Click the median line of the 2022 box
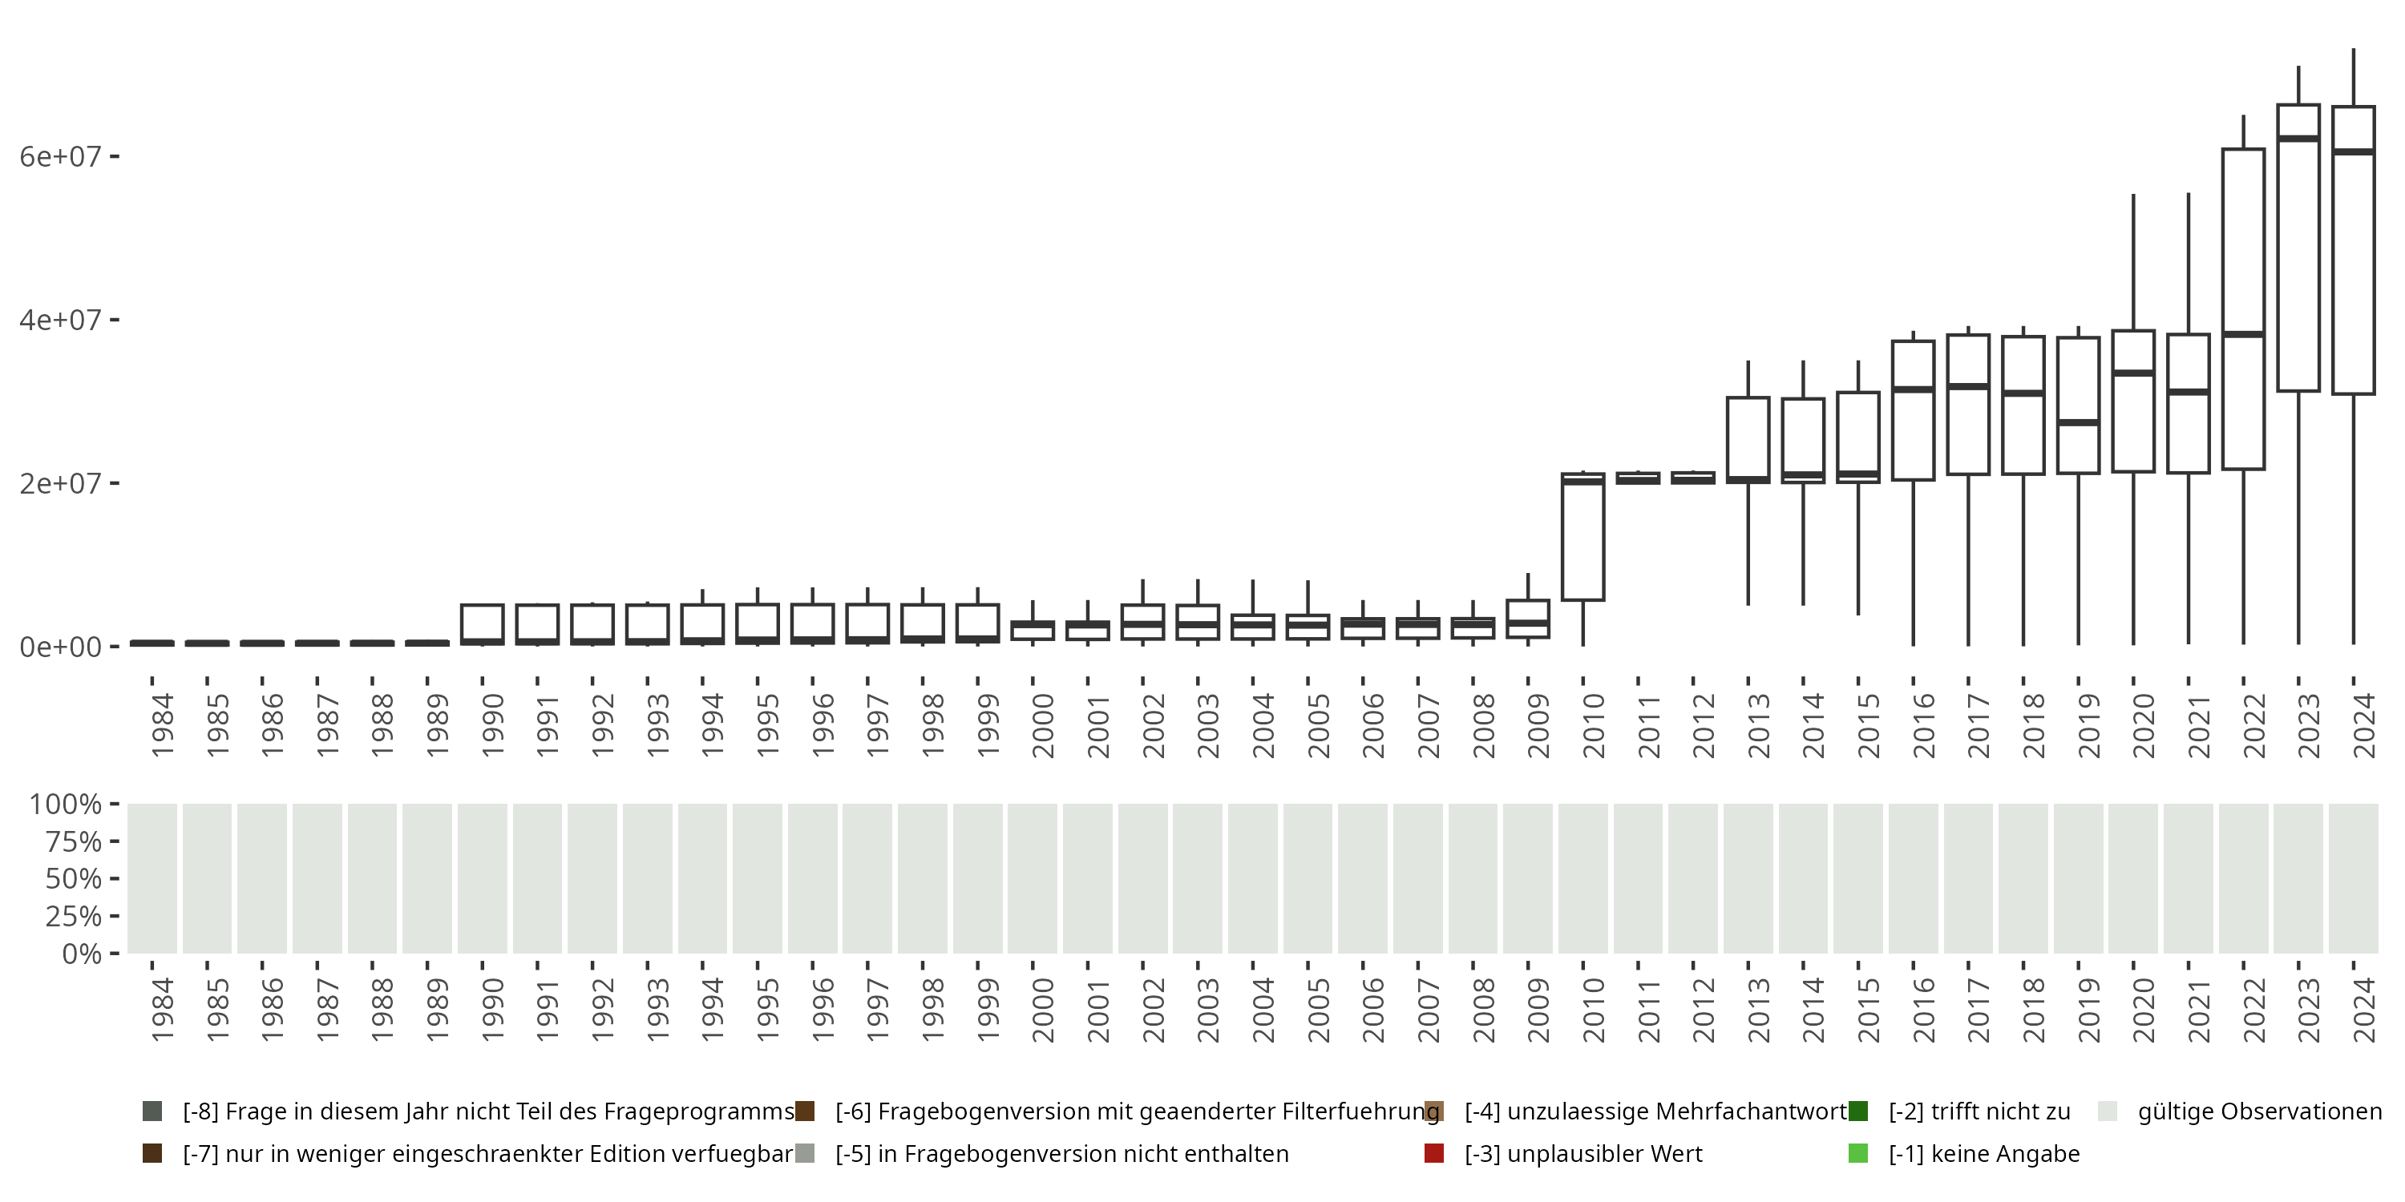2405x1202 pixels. (2244, 333)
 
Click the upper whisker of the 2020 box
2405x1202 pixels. (2133, 261)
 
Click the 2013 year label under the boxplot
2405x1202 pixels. (1758, 725)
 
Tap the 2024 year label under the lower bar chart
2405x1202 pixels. (2364, 1010)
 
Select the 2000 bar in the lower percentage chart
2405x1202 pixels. (1032, 878)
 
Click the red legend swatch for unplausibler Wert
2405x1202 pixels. (1434, 1153)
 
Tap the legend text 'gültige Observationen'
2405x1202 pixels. (2259, 1111)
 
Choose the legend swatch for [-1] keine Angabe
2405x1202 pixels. (1858, 1153)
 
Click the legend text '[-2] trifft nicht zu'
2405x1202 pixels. (1979, 1111)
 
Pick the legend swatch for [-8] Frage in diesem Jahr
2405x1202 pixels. (152, 1111)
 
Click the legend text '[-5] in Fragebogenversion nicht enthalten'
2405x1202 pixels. (1061, 1153)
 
